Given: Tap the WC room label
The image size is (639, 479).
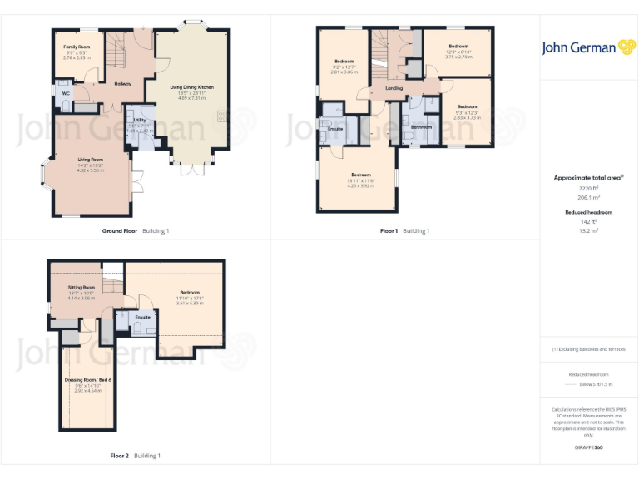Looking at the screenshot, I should (66, 93).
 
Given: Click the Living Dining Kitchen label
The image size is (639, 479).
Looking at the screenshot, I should (192, 86).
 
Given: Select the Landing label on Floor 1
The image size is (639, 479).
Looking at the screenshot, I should (394, 87).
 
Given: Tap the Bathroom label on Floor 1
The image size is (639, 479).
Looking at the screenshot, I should (422, 127).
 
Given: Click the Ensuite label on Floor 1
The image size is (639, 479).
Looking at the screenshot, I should (335, 129).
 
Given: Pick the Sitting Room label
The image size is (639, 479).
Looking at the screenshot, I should (82, 287).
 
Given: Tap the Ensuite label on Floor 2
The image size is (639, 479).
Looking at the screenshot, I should (143, 317).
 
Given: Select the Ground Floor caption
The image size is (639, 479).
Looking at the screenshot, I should (119, 230).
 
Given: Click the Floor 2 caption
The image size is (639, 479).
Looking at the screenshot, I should (120, 456).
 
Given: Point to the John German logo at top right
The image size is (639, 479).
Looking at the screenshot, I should (589, 47).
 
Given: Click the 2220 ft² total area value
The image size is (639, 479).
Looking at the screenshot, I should (588, 188).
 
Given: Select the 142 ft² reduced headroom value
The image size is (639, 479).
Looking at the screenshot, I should (588, 222).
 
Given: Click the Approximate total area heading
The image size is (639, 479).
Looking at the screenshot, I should (588, 178).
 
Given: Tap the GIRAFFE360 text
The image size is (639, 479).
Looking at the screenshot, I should (588, 447).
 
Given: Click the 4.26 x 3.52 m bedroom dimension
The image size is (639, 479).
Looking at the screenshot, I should (361, 185).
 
